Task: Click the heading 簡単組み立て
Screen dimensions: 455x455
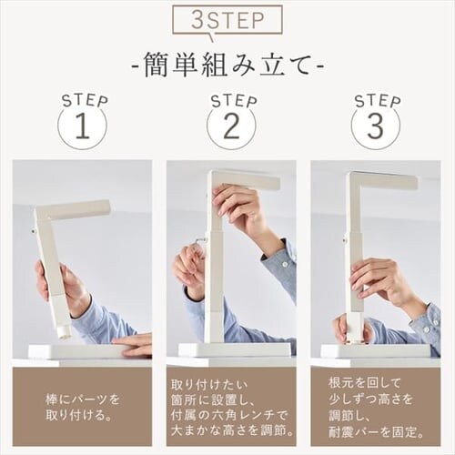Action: pyautogui.click(x=227, y=66)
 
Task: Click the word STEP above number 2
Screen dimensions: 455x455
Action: pyautogui.click(x=234, y=101)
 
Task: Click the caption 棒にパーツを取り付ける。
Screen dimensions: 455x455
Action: pyautogui.click(x=83, y=408)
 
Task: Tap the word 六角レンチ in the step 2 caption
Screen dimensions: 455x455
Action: pyautogui.click(x=239, y=415)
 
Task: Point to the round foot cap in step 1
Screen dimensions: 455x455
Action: pyautogui.click(x=65, y=332)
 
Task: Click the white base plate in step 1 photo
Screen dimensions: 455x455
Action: pyautogui.click(x=75, y=352)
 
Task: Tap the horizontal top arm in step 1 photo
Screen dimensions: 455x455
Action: pyautogui.click(x=77, y=208)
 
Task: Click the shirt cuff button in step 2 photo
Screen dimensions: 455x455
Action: pyautogui.click(x=284, y=264)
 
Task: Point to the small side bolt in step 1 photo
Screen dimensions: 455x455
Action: pyautogui.click(x=33, y=231)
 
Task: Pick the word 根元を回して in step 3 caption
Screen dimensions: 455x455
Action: pyautogui.click(x=365, y=383)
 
